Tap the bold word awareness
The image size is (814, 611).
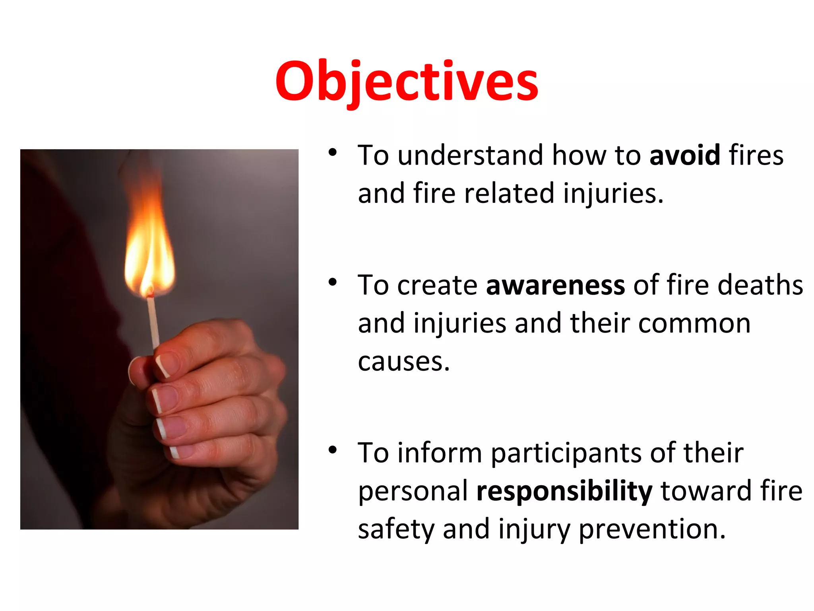pos(555,285)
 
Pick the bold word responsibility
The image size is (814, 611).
pos(564,491)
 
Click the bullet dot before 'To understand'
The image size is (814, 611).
pos(333,152)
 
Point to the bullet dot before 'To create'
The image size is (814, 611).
pos(333,282)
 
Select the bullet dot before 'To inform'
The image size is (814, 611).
pos(333,450)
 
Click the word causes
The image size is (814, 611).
pos(403,362)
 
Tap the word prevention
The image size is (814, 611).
pos(652,529)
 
